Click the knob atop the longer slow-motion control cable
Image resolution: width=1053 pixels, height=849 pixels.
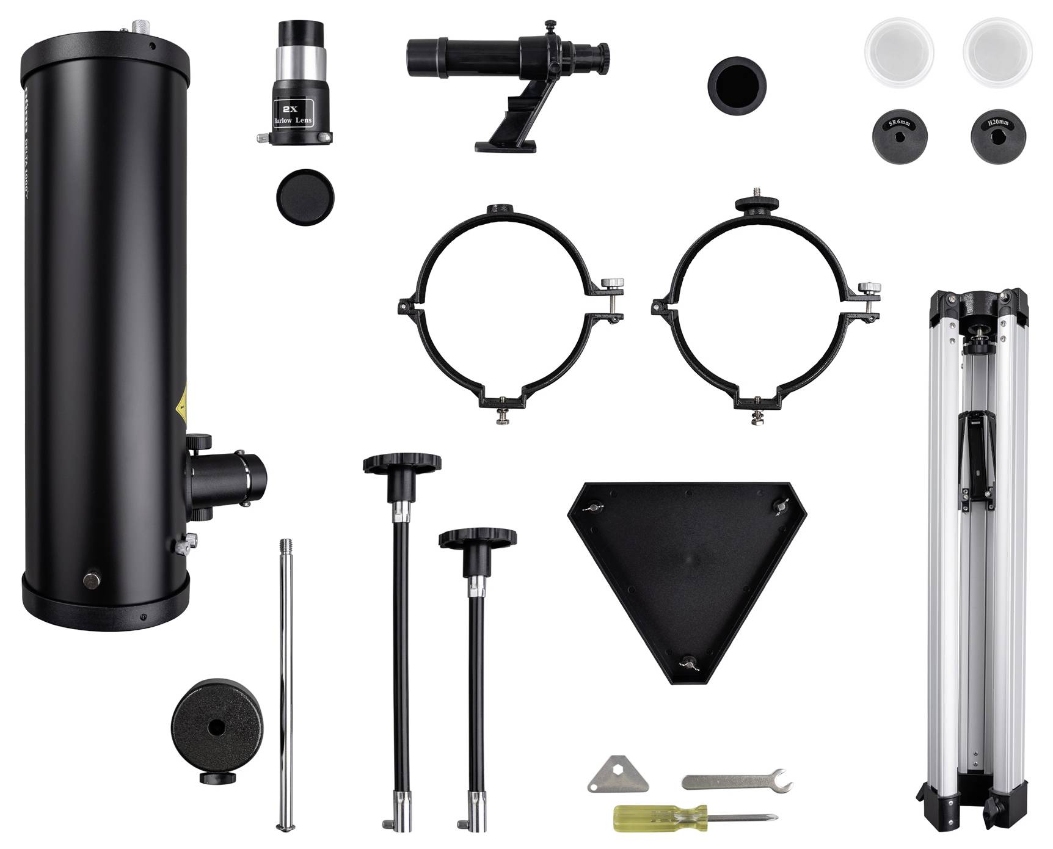pos(402,464)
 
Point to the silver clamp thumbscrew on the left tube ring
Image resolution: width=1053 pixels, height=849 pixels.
pos(612,283)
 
